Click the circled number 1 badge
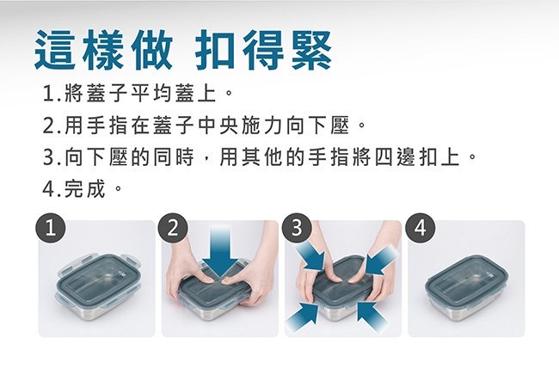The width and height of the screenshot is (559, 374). click(50, 228)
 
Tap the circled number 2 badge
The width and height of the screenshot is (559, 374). click(173, 228)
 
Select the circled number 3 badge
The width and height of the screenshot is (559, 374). click(297, 228)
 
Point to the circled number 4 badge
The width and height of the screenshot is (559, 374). click(421, 228)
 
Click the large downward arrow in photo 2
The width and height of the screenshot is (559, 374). click(220, 252)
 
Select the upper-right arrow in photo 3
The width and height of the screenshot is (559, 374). click(381, 259)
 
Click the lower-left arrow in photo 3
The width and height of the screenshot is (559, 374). click(303, 316)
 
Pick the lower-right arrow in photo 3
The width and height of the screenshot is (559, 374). click(372, 316)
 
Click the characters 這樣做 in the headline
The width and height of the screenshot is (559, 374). click(104, 50)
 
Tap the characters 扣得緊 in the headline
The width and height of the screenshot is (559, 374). click(264, 50)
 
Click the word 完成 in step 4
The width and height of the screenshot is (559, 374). click(85, 188)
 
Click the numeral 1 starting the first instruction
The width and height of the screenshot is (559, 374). click(48, 94)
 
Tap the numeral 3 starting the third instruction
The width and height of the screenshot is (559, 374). click(48, 157)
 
